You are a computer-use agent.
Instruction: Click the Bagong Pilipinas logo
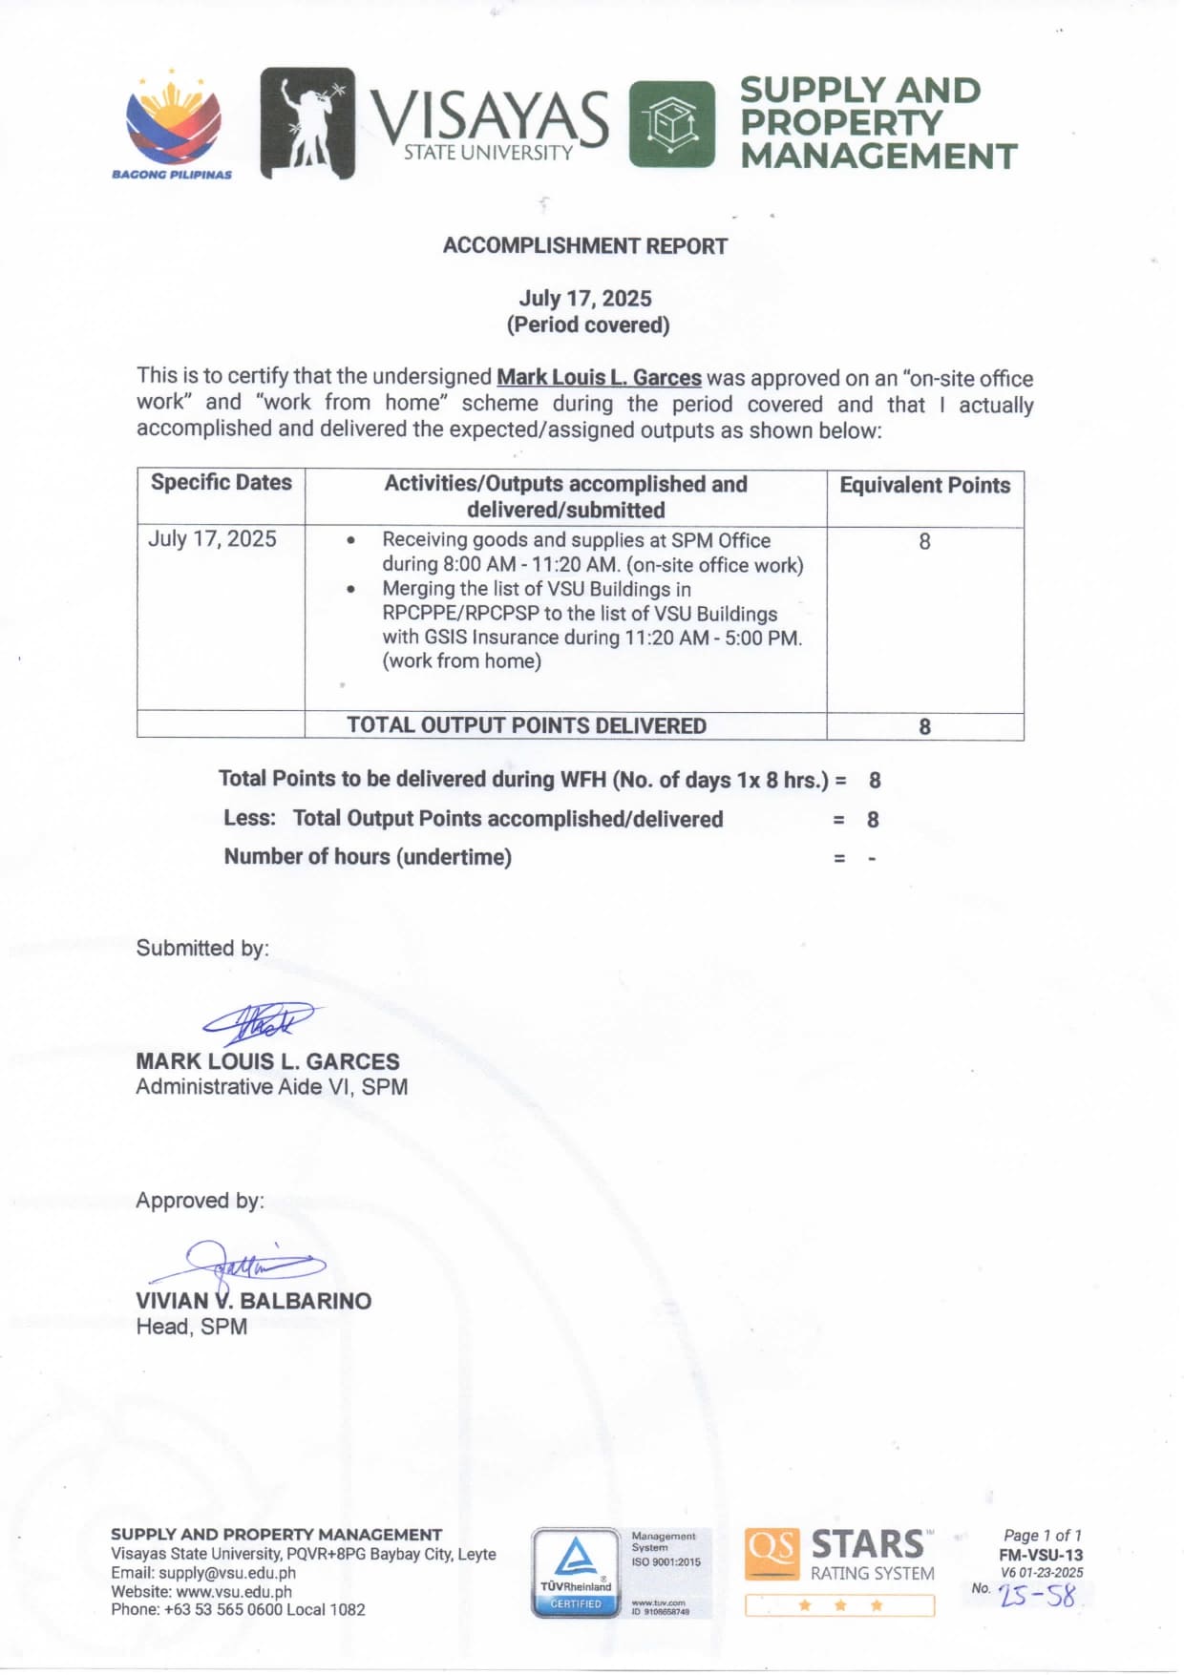coord(173,125)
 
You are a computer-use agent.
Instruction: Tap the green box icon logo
coord(671,124)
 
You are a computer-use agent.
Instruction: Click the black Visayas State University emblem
coord(307,123)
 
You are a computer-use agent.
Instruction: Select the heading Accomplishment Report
coord(584,246)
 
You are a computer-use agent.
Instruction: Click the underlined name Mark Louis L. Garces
coord(599,378)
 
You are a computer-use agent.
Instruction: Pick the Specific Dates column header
coord(221,483)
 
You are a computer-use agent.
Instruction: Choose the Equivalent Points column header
coord(924,486)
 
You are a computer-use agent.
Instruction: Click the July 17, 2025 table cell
coord(212,539)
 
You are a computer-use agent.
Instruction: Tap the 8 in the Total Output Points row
coord(924,727)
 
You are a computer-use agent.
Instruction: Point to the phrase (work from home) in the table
coord(461,661)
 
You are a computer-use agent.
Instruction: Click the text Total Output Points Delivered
coord(526,726)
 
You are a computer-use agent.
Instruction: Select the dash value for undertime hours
coord(872,859)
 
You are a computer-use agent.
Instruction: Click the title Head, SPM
coord(191,1327)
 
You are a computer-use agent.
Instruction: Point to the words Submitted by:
coord(202,949)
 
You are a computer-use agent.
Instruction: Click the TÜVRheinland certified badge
coord(576,1573)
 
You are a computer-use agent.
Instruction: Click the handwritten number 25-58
coord(1037,1596)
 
